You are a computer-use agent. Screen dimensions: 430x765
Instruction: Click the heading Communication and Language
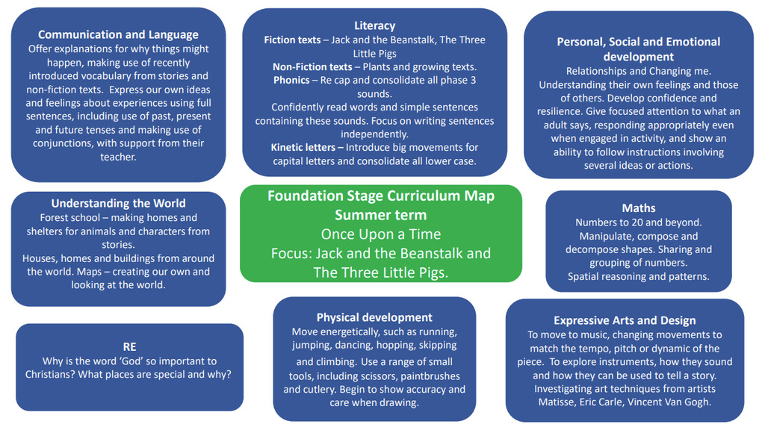tap(118, 34)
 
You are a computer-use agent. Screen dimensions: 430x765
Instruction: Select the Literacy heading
tap(374, 26)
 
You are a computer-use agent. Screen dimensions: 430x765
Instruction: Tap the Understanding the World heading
tap(118, 203)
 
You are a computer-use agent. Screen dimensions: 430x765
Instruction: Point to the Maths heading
tap(638, 208)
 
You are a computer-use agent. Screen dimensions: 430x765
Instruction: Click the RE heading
tap(129, 347)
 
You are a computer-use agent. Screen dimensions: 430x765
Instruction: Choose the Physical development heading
tap(374, 317)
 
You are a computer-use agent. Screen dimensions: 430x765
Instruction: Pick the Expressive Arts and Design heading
tap(625, 320)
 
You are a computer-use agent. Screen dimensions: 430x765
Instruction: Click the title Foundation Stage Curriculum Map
tap(380, 196)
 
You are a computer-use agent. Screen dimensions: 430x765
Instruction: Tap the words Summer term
tap(380, 215)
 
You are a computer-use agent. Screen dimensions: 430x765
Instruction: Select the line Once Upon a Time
tap(380, 234)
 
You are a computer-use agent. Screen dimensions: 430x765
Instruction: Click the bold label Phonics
tap(291, 80)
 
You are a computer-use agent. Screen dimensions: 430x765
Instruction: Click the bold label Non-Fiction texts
tap(312, 66)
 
